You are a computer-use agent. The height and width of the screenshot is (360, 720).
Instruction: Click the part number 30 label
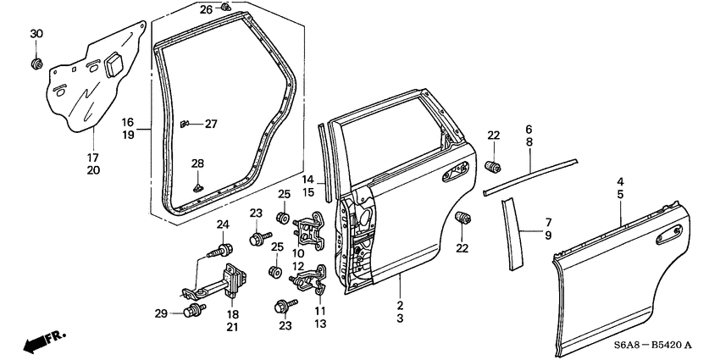36,33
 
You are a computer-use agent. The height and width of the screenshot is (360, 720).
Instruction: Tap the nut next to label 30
36,64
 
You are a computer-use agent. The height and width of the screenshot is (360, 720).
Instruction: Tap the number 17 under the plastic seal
93,157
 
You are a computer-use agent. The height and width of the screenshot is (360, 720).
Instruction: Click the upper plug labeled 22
494,163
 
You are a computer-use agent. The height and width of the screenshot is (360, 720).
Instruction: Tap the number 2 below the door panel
400,304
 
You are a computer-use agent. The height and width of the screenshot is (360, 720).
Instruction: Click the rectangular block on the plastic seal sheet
113,65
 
